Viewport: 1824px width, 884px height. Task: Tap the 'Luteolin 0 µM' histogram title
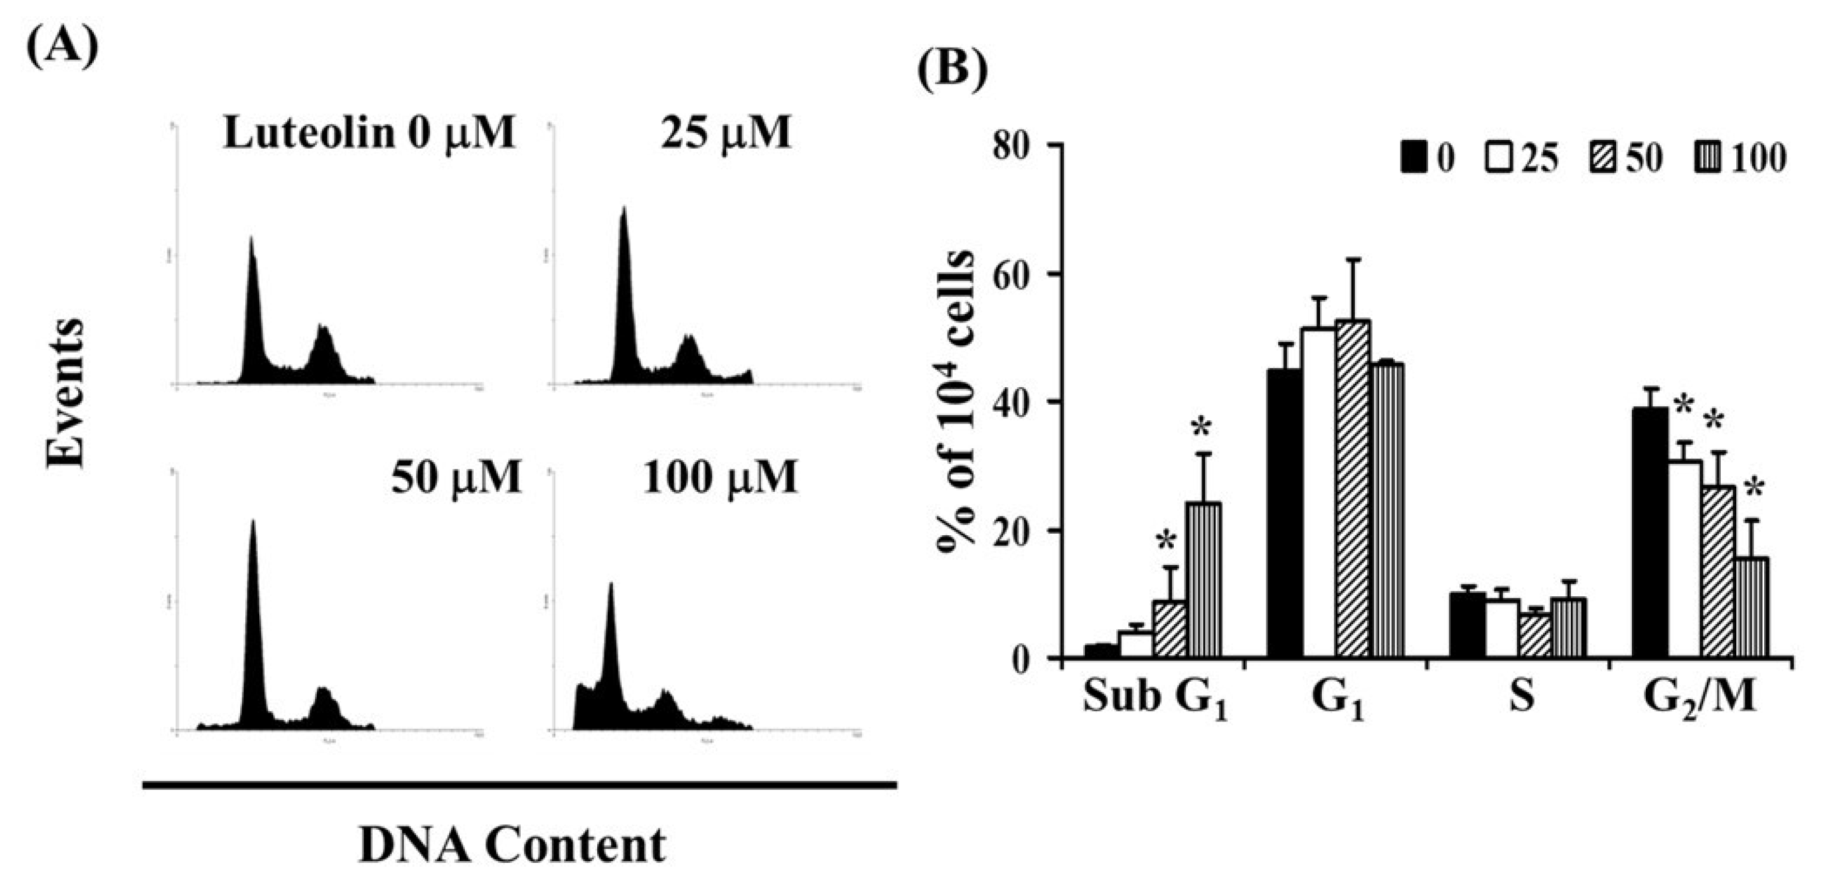tap(369, 132)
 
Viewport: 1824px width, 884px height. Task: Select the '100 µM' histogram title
tap(720, 477)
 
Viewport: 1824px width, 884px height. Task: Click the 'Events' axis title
tap(65, 393)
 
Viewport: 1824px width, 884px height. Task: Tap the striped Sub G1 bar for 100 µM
tap(1206, 581)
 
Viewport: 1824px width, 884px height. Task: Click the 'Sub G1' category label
tap(1154, 698)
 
